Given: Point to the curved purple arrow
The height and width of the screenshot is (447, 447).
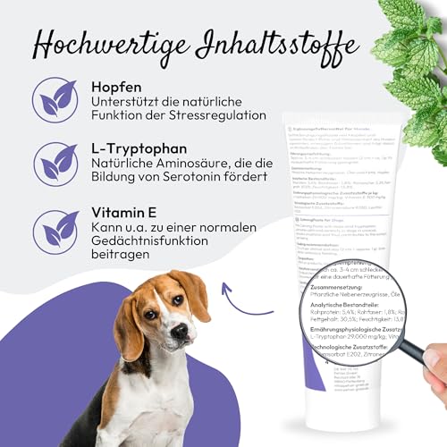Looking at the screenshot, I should pos(234,308).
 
